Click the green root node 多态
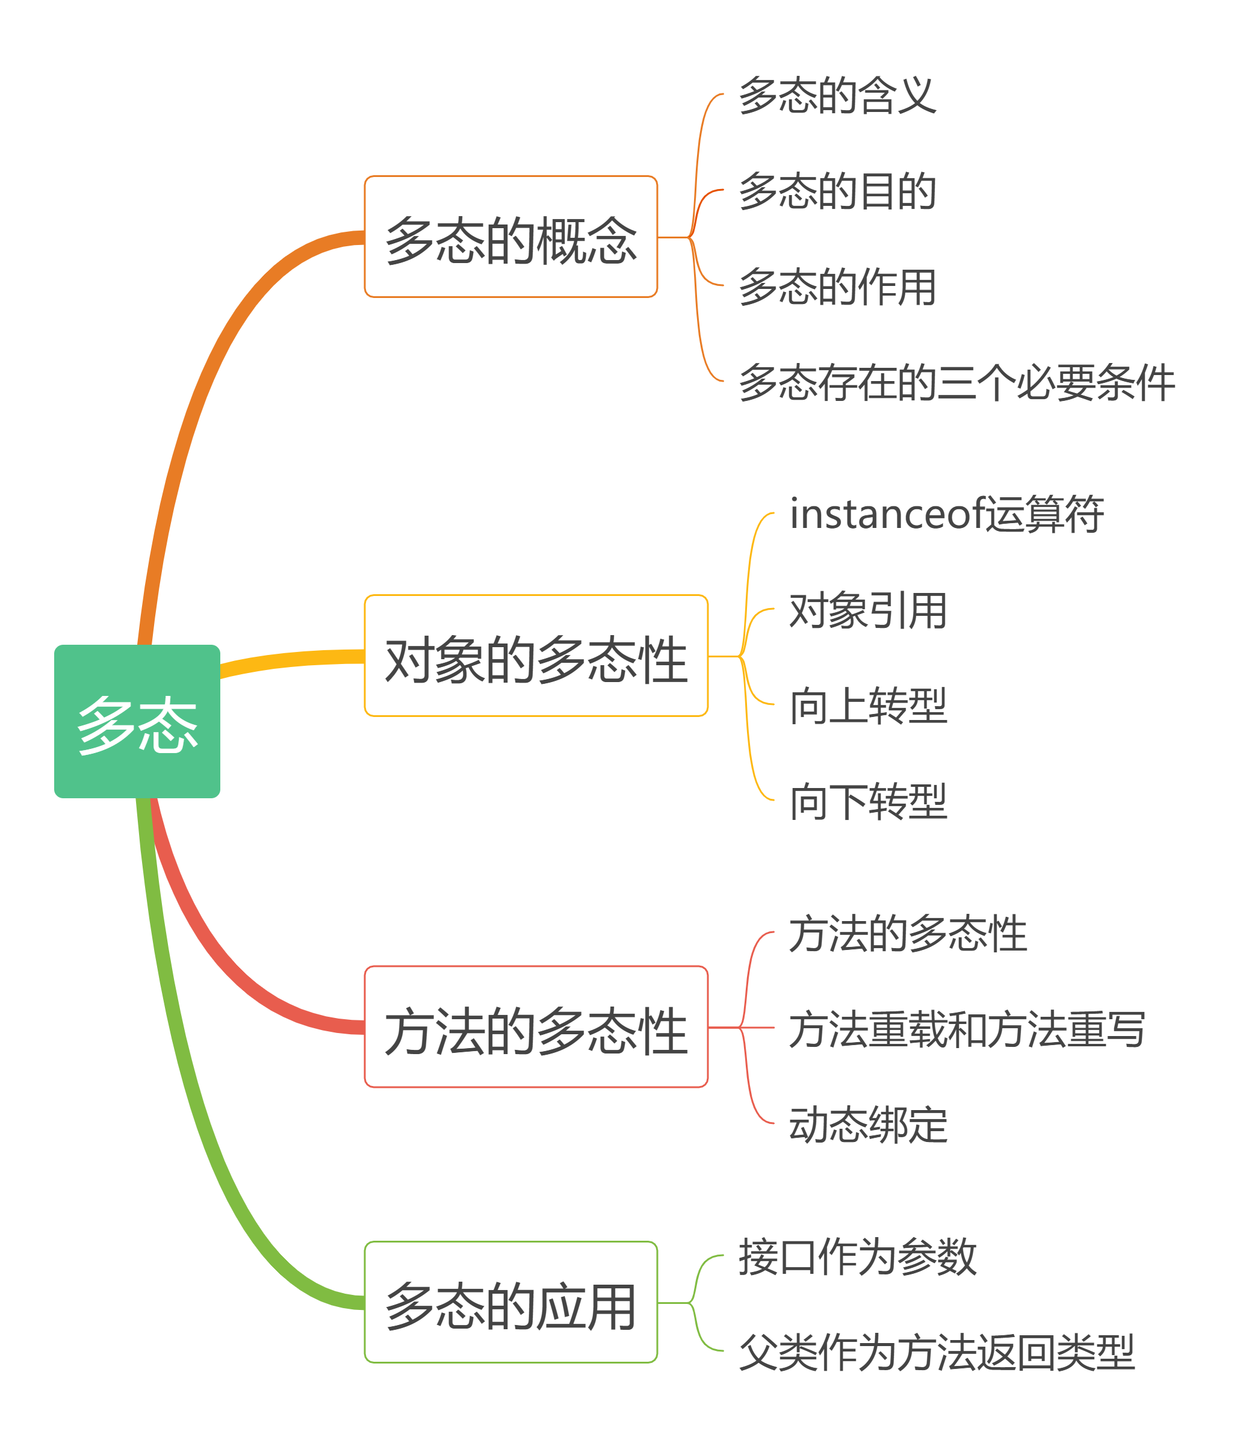coord(137,721)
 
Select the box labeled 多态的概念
coord(510,237)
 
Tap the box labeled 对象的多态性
coord(536,656)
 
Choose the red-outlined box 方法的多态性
coord(536,1026)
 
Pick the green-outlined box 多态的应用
coord(510,1302)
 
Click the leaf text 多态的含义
coord(837,95)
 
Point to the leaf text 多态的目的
coord(837,190)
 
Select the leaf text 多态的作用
coord(837,286)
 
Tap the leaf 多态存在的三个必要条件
coord(956,382)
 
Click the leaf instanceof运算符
coord(946,514)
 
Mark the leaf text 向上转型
coord(868,706)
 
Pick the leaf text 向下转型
coord(868,801)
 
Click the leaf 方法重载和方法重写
coord(967,1029)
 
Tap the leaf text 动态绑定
coord(868,1124)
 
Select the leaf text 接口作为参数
coord(857,1256)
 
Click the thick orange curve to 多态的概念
coord(202,390)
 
